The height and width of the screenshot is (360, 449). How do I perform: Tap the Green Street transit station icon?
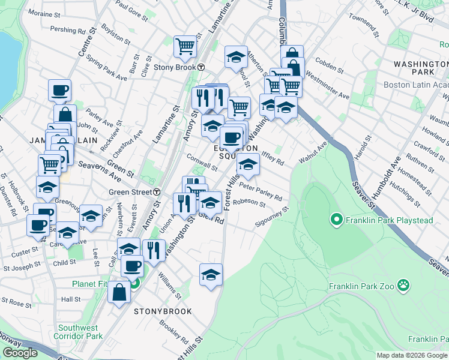157,192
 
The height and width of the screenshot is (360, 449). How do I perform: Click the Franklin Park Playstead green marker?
336,220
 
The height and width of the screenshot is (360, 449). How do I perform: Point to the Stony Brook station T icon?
202,67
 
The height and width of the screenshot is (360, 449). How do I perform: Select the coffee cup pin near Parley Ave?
60,90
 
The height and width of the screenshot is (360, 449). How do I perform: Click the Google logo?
20,353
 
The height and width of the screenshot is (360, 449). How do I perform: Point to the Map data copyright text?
412,355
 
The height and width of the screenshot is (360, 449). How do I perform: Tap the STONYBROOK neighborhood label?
163,311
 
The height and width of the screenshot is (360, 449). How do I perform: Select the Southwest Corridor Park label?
78,332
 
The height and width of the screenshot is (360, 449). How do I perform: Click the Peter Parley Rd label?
260,191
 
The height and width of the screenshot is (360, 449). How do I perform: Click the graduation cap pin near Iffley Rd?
248,163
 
